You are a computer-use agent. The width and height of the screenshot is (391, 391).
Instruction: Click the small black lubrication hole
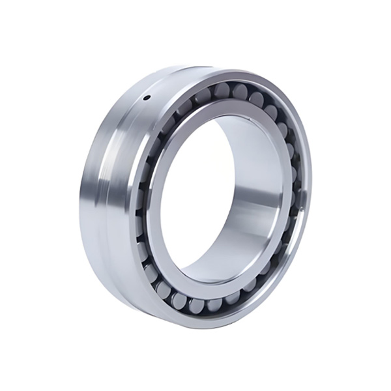click(x=146, y=98)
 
